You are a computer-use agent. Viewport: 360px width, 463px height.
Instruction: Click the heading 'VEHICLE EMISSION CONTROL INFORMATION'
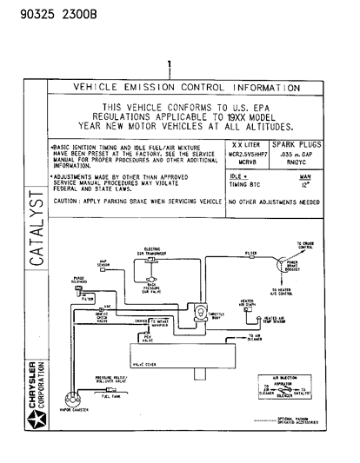point(186,88)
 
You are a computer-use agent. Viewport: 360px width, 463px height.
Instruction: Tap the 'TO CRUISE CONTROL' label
point(304,246)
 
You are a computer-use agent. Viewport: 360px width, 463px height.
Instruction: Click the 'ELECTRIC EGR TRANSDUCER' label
point(151,251)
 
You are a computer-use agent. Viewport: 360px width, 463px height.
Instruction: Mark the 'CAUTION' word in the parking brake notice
point(67,201)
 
